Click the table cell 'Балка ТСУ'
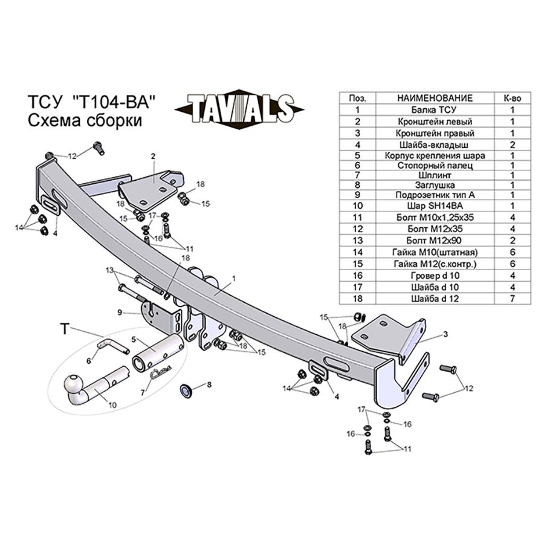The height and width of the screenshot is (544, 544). pyautogui.click(x=434, y=110)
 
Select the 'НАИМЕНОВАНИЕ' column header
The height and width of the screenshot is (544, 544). pyautogui.click(x=434, y=98)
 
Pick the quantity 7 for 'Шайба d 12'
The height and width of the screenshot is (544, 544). pyautogui.click(x=512, y=299)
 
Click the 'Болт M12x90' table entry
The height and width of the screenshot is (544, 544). pyautogui.click(x=434, y=241)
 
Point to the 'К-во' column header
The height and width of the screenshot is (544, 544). pyautogui.click(x=512, y=98)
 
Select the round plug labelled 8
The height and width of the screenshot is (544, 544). pyautogui.click(x=188, y=390)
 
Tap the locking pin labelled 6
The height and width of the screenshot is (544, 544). pyautogui.click(x=109, y=347)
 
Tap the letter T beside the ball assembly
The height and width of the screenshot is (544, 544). pyautogui.click(x=65, y=329)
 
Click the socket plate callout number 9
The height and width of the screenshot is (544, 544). pyautogui.click(x=120, y=312)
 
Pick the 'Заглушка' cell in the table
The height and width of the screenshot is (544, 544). pyautogui.click(x=434, y=184)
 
